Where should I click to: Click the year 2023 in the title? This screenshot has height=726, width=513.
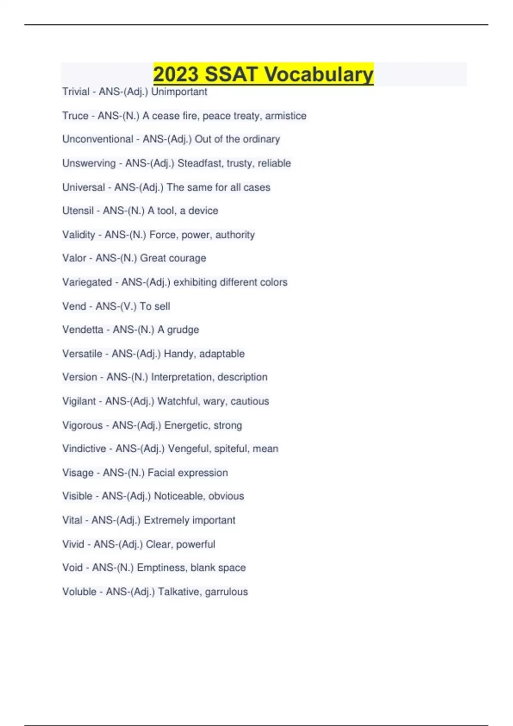pyautogui.click(x=175, y=74)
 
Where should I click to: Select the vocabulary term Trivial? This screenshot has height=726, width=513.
pyautogui.click(x=76, y=92)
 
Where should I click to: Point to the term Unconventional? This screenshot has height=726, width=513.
pyautogui.click(x=98, y=139)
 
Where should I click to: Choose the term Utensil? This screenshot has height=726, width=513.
pyautogui.click(x=78, y=211)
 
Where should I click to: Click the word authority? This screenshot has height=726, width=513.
pyautogui.click(x=235, y=235)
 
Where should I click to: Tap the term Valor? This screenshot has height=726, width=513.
pyautogui.click(x=74, y=258)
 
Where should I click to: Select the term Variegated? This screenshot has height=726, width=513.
pyautogui.click(x=87, y=282)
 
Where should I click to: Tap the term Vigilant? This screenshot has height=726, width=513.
pyautogui.click(x=79, y=401)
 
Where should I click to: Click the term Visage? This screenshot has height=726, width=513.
pyautogui.click(x=78, y=473)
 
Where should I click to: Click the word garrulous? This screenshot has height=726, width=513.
pyautogui.click(x=227, y=591)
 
